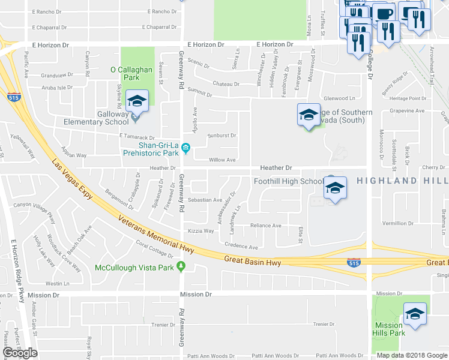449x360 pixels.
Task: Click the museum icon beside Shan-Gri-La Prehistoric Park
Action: click(186, 148)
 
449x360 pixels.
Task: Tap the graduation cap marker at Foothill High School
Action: click(336, 188)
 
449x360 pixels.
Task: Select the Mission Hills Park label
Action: click(388, 329)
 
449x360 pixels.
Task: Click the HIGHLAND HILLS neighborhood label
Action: click(402, 181)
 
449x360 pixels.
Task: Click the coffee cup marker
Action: click(384, 13)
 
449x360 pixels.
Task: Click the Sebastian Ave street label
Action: click(205, 200)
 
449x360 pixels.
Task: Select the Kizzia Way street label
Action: click(200, 230)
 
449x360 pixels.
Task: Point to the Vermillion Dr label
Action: click(398, 223)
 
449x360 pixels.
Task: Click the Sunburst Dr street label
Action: click(221, 136)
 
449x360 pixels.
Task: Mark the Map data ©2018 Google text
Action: click(412, 355)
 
